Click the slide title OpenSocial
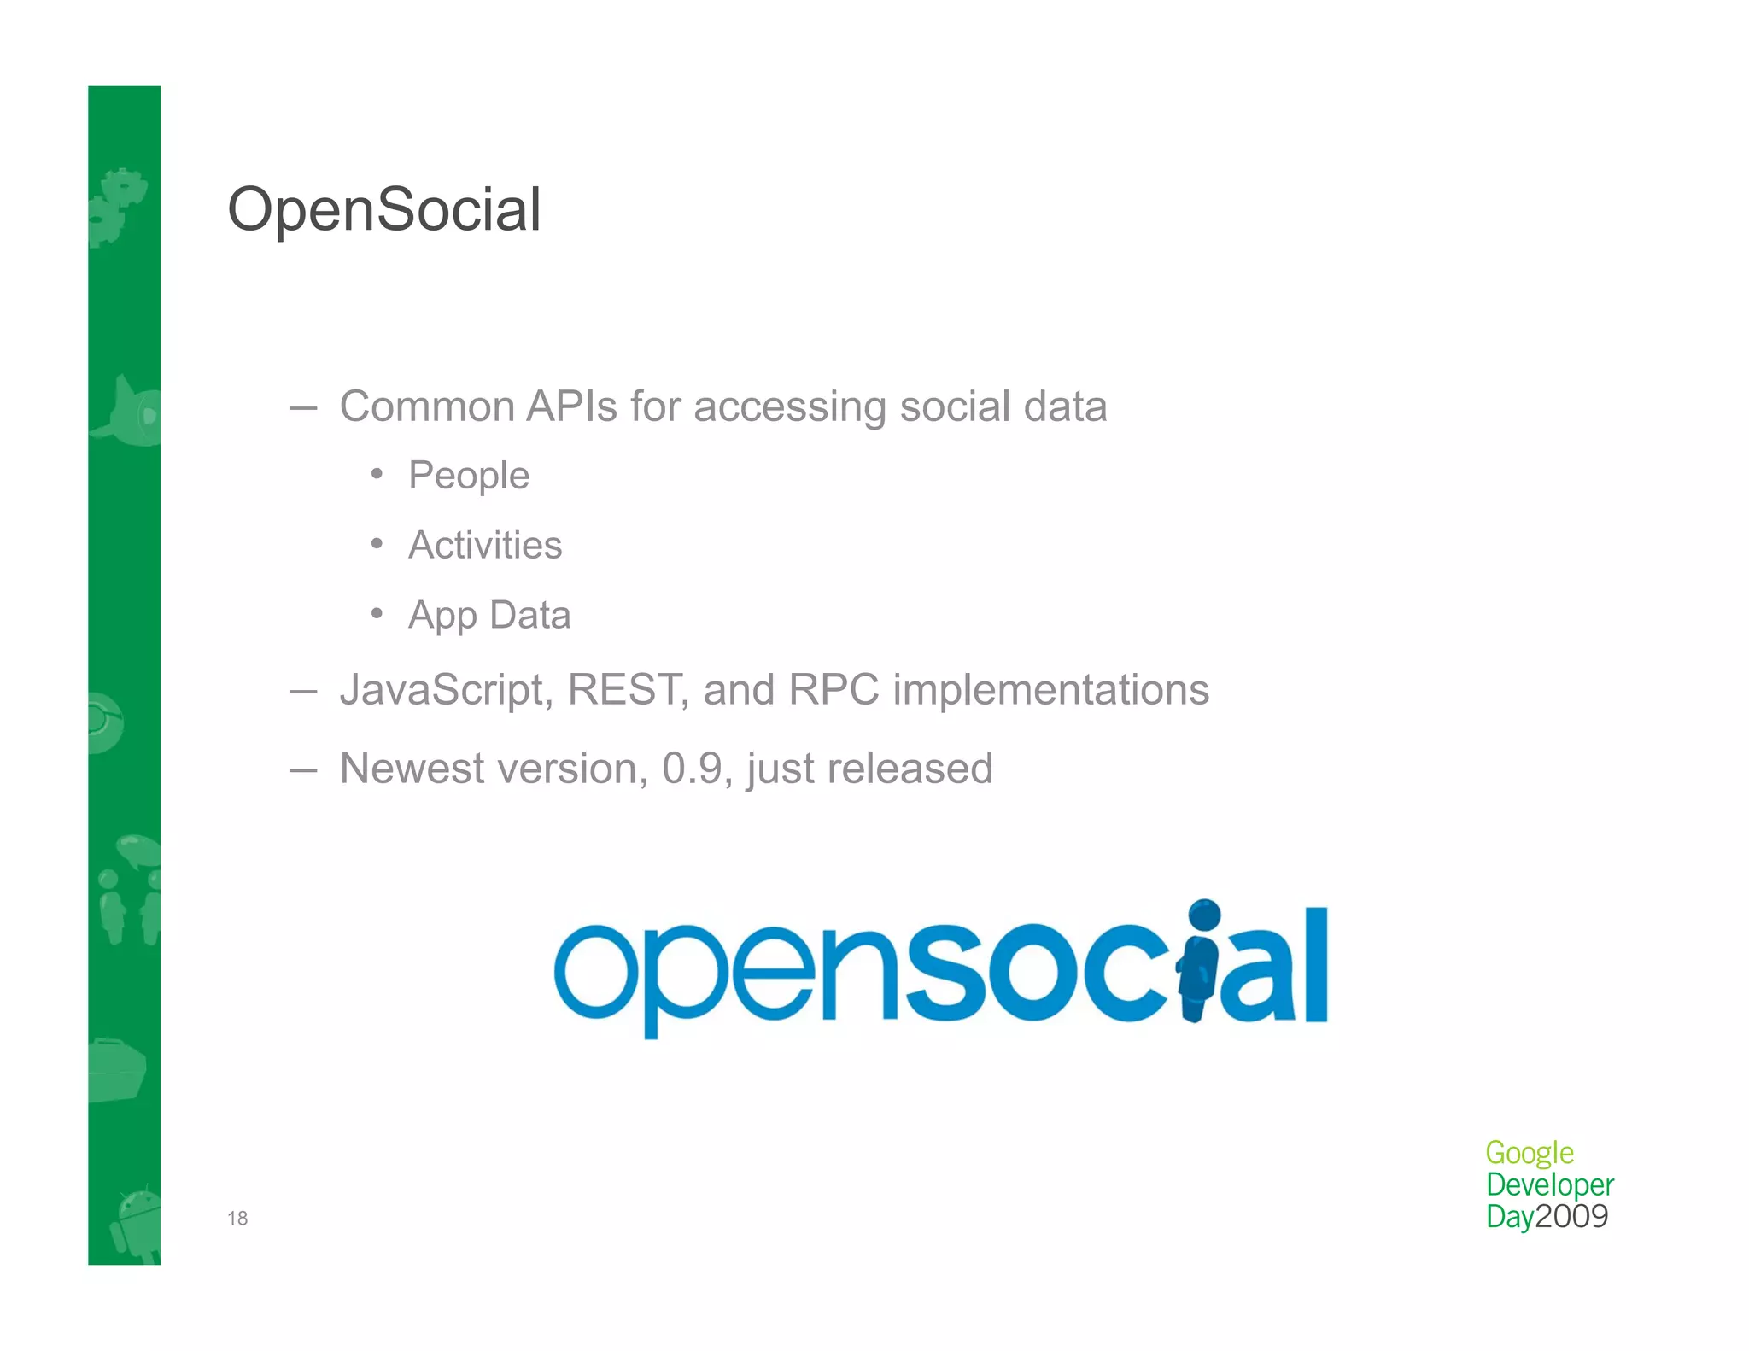click(384, 209)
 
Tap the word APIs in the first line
click(571, 406)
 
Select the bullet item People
click(469, 476)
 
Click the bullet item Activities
click(485, 545)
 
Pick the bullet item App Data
click(489, 615)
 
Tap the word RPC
click(834, 689)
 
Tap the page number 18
click(237, 1219)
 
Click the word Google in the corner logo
click(1529, 1153)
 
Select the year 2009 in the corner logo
click(1571, 1216)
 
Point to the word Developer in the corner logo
click(1549, 1184)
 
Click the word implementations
click(1050, 689)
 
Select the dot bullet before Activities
click(377, 544)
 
